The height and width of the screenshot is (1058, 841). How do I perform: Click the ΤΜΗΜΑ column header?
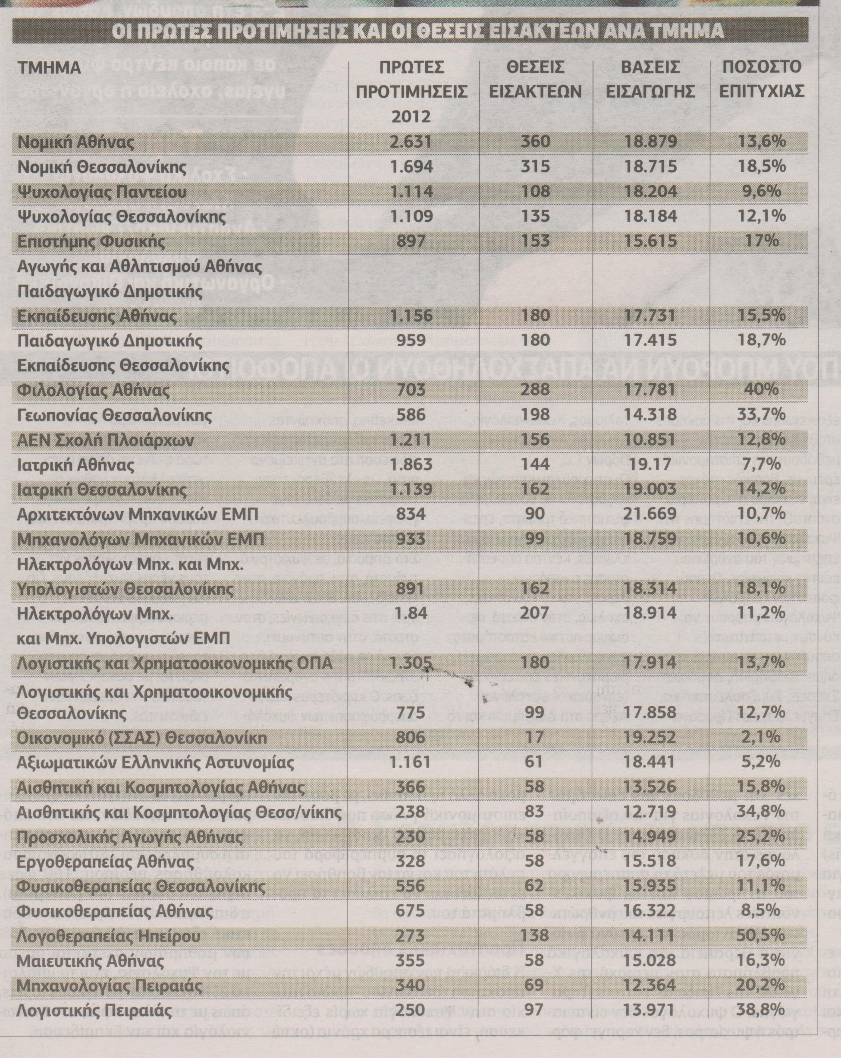click(49, 68)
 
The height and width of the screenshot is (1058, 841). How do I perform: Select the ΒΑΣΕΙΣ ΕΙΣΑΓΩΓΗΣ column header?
click(650, 79)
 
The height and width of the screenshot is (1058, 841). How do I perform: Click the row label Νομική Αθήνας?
click(76, 142)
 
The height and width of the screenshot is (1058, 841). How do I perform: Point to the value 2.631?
click(411, 142)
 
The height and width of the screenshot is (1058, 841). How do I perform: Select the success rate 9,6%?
click(761, 191)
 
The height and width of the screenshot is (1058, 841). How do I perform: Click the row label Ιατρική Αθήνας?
click(75, 464)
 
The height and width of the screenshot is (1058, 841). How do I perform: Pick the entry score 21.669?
click(650, 514)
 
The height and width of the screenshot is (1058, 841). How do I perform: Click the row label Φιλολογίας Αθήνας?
click(94, 391)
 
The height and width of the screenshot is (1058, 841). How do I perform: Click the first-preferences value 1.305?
click(411, 663)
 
